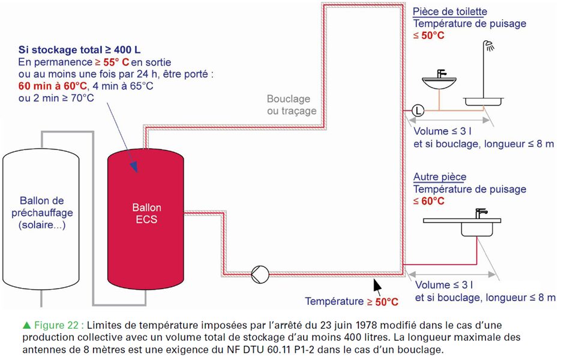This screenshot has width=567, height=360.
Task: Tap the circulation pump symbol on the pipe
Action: click(x=260, y=274)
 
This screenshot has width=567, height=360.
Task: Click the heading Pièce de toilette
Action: click(x=449, y=11)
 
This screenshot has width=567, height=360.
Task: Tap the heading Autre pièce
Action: click(x=440, y=177)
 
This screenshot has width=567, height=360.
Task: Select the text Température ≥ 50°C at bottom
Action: click(x=351, y=301)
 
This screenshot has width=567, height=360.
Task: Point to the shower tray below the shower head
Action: click(x=482, y=103)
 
